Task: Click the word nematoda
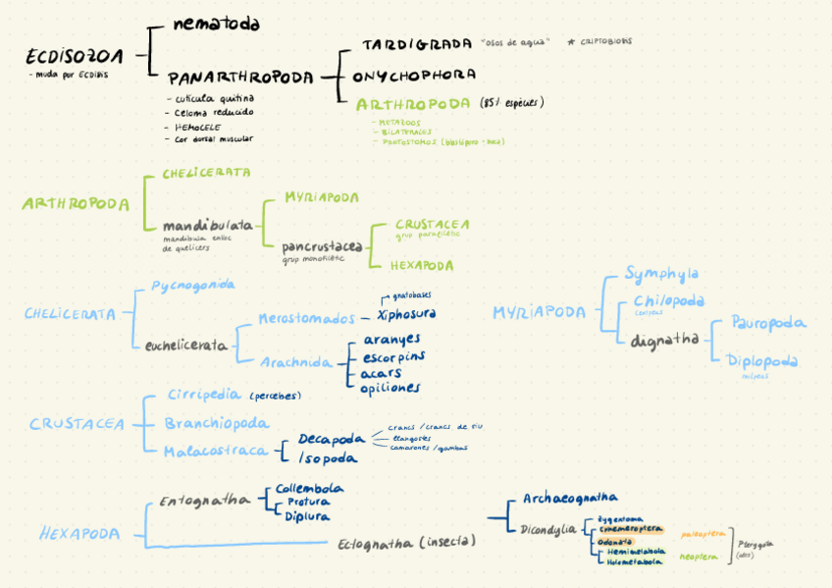(x=216, y=24)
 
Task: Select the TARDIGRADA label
(x=417, y=45)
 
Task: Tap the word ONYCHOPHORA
(x=414, y=75)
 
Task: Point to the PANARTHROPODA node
(x=240, y=77)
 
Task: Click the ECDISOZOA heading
(x=74, y=56)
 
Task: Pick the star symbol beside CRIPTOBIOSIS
(x=570, y=42)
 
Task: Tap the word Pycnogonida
(x=192, y=285)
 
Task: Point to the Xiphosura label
(x=406, y=314)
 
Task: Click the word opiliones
(x=390, y=388)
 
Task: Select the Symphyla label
(x=661, y=274)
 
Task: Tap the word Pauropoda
(x=768, y=322)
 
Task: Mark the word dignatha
(x=664, y=340)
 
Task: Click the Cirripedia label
(x=203, y=395)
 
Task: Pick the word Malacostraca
(x=216, y=450)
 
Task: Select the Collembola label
(x=309, y=488)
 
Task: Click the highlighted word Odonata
(x=614, y=540)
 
